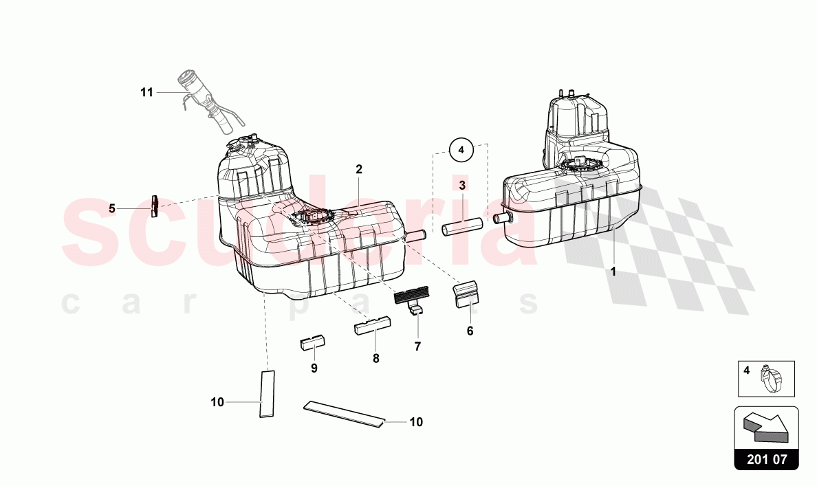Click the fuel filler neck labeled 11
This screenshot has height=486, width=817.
click(x=208, y=104)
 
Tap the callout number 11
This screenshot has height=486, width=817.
click(x=147, y=92)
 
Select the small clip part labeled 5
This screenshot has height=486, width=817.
click(x=154, y=206)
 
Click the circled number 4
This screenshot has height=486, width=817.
click(x=461, y=150)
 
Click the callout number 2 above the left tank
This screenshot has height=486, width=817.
click(x=359, y=169)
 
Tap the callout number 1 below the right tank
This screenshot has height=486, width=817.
click(x=613, y=272)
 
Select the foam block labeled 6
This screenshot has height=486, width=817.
click(x=467, y=294)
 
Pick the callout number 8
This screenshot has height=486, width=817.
click(x=376, y=358)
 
